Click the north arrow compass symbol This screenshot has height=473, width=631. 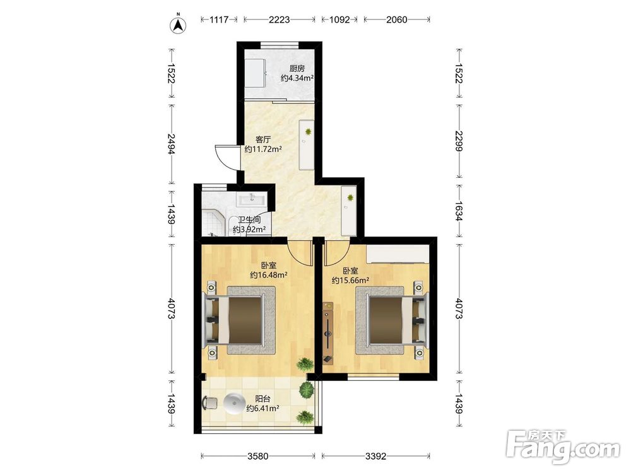(177, 24)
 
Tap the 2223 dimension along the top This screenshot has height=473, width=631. (280, 20)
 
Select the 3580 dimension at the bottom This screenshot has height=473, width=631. (257, 456)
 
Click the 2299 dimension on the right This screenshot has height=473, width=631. (459, 141)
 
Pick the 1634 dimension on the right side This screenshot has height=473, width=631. (459, 211)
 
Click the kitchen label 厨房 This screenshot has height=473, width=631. (297, 68)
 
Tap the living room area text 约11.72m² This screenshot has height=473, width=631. (263, 149)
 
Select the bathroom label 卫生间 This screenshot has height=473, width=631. (249, 220)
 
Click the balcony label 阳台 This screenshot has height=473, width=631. (262, 399)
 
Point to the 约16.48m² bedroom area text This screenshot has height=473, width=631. (268, 275)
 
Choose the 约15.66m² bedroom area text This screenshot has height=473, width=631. (350, 281)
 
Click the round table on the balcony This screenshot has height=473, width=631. (234, 404)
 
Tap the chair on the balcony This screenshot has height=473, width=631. (209, 402)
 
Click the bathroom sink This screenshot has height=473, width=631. (252, 199)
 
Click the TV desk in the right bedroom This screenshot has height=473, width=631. (329, 332)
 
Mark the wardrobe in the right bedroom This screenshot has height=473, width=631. (398, 254)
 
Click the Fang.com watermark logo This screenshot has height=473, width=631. (563, 446)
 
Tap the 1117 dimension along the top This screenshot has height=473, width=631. (219, 20)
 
